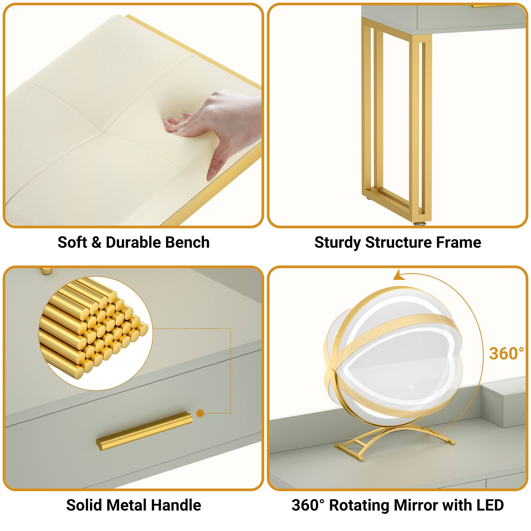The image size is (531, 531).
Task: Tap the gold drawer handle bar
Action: pos(144,434)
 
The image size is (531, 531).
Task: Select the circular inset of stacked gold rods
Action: pos(95,333)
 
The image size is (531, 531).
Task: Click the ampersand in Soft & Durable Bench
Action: pos(96,242)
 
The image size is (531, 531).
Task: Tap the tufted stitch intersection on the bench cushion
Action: pos(103,132)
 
